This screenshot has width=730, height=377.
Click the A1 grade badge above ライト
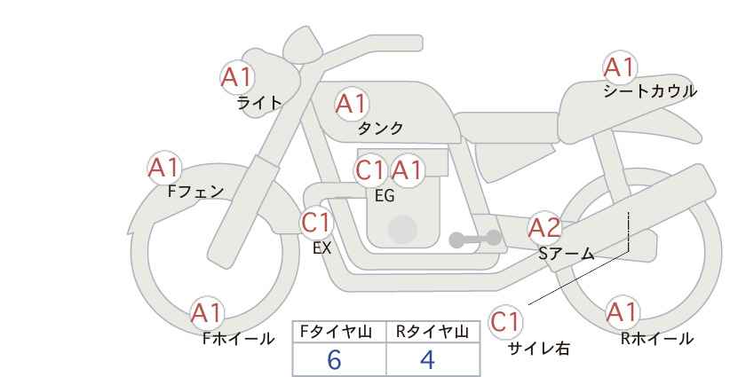(237, 77)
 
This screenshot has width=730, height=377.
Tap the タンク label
(380, 128)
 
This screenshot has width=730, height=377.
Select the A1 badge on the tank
(352, 104)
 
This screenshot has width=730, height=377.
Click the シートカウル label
(650, 90)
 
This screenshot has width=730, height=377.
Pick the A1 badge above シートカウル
(620, 67)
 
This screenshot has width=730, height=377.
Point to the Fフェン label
(195, 191)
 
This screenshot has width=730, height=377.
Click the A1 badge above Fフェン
(164, 168)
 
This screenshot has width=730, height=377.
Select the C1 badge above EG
(370, 170)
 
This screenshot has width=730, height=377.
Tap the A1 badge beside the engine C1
(407, 170)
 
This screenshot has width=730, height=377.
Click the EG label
(385, 196)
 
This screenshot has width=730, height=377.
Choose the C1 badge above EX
(316, 223)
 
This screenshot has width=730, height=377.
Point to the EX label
(322, 248)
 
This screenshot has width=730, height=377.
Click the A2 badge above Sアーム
(544, 228)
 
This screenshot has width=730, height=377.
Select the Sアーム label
(567, 254)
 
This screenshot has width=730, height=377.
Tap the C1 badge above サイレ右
(506, 322)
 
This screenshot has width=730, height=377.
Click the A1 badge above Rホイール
(623, 312)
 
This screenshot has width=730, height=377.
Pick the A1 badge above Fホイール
(207, 314)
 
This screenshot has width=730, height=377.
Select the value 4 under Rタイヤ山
(427, 359)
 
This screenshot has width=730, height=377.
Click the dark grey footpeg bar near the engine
(475, 239)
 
